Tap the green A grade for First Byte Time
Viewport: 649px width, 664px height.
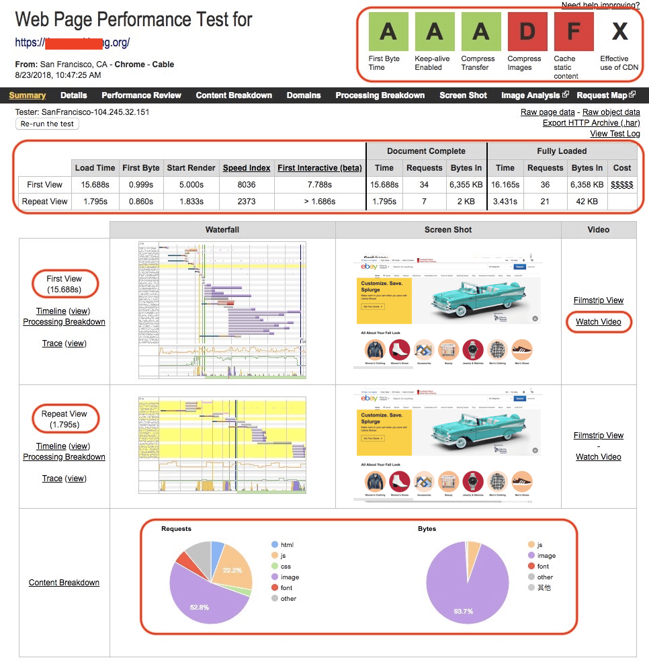tap(388, 32)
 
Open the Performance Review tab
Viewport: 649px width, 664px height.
tap(141, 95)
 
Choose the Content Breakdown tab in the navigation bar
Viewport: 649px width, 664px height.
tap(234, 95)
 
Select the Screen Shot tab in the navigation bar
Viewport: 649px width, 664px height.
tap(463, 95)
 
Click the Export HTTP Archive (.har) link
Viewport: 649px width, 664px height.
tap(591, 123)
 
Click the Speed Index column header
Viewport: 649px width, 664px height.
tap(247, 168)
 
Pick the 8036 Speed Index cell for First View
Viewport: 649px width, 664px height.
tap(247, 184)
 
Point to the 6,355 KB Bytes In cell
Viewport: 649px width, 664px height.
tap(466, 184)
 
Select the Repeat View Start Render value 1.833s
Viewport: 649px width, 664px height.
tap(191, 202)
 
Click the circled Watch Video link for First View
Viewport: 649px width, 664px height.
tap(598, 322)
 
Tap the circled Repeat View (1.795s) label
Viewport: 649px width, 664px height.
tap(64, 419)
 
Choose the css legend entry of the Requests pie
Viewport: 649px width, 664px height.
tap(285, 567)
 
